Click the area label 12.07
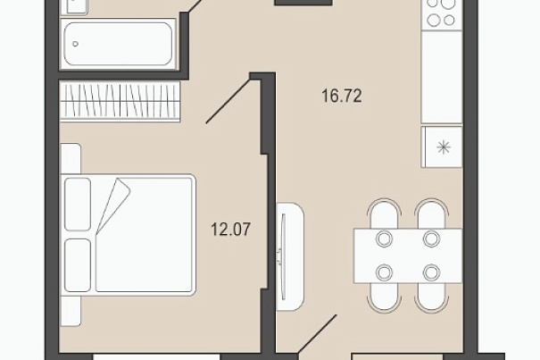tap(231, 230)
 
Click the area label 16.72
tap(342, 96)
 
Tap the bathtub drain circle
tap(75, 44)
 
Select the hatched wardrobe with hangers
tap(120, 101)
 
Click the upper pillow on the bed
tap(78, 205)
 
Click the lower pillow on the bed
tap(78, 265)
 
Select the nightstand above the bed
tap(71, 159)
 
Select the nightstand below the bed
tap(71, 311)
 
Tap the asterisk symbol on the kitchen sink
tap(444, 147)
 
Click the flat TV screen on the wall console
tap(283, 256)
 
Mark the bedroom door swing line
tap(228, 101)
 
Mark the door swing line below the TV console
tap(318, 334)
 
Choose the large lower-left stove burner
tap(434, 21)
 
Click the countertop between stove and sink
tap(442, 77)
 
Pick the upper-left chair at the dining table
tap(385, 213)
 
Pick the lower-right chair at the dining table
tap(431, 298)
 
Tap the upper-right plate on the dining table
tap(431, 239)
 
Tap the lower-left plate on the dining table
tap(385, 272)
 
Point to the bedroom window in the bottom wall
tap(157, 357)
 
